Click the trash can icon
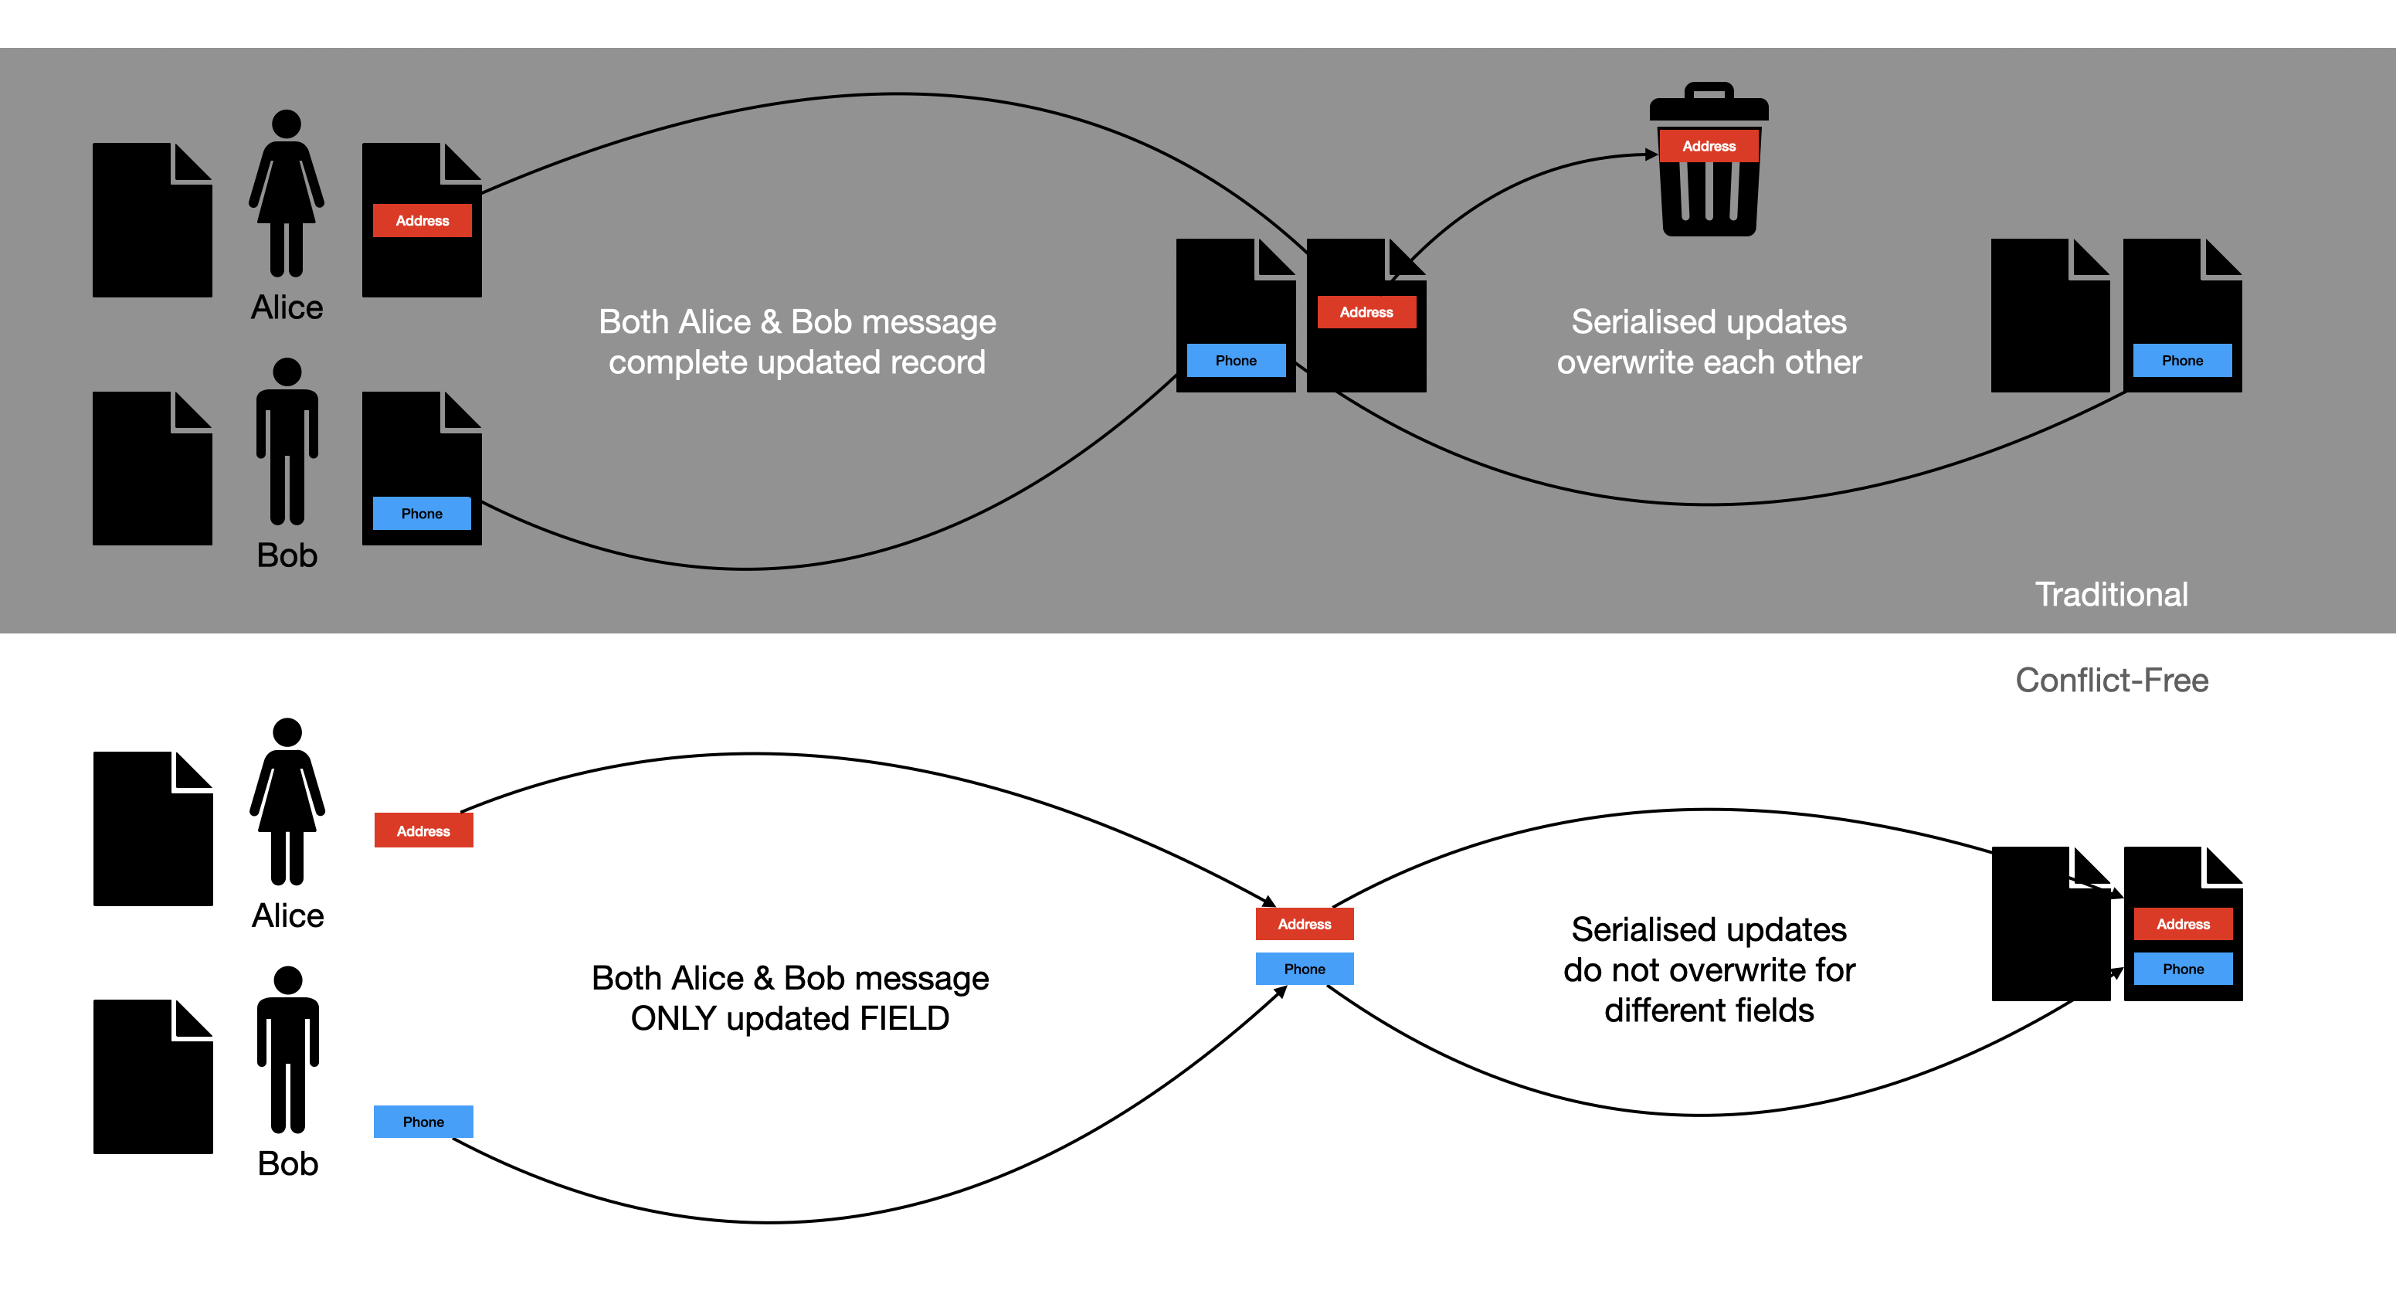1709,195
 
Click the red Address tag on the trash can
1709,146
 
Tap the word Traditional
2112,594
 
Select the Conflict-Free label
2112,680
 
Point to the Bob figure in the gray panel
287,441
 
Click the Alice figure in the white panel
287,801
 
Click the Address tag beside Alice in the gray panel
423,220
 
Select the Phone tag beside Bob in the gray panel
421,514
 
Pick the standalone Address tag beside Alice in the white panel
423,830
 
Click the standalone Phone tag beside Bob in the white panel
423,1122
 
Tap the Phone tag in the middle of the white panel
1304,970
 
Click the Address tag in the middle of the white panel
1304,924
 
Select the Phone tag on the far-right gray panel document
2182,361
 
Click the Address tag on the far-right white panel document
2183,924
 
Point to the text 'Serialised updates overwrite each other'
1709,341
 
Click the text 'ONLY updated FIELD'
789,1018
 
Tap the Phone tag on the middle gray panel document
1235,361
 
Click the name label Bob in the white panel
288,1163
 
